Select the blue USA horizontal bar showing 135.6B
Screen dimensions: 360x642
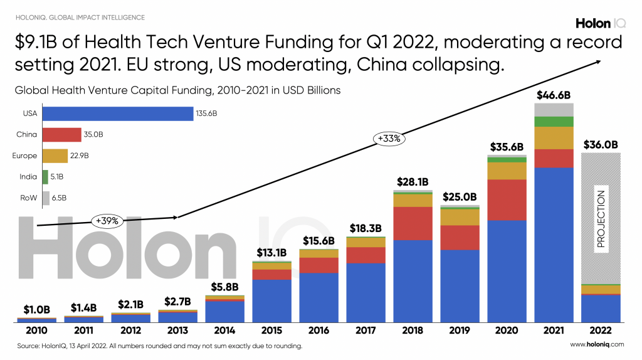[117, 114]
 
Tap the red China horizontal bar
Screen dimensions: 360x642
[61, 135]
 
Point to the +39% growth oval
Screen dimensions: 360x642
[107, 220]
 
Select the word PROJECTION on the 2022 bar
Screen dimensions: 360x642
[601, 219]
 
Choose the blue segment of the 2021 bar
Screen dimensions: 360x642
[554, 245]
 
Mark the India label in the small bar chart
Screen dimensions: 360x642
[29, 177]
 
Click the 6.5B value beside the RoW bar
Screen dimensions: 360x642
[58, 198]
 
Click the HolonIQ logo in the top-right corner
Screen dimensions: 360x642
[601, 23]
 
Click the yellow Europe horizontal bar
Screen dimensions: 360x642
[55, 156]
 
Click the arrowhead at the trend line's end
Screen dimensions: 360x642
[599, 61]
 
